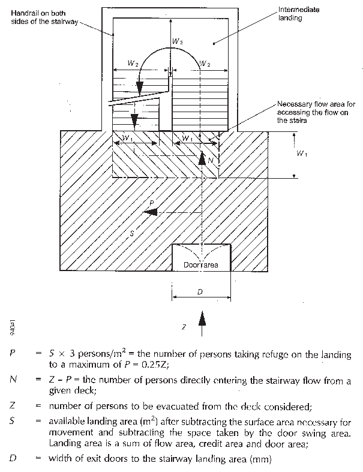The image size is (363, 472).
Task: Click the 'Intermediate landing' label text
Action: [x=299, y=14]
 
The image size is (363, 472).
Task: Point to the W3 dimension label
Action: [x=178, y=41]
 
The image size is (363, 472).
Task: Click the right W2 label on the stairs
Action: [x=204, y=62]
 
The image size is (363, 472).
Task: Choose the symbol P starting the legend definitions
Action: [x=13, y=354]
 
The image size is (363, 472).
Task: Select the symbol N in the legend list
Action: [x=13, y=380]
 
